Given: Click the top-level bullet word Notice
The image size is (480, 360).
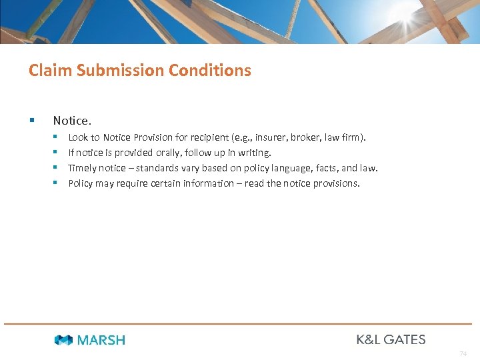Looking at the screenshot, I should tap(72, 121).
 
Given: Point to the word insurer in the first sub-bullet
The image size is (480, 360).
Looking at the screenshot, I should tap(270, 137).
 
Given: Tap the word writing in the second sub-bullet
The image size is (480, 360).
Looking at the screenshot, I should tap(254, 153).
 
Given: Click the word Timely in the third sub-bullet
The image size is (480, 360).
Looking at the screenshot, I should tap(83, 168).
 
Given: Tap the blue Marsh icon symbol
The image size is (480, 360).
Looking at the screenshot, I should tap(64, 340).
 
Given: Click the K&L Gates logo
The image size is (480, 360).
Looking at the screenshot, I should tap(391, 339).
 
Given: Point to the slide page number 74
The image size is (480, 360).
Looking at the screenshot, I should tap(463, 354).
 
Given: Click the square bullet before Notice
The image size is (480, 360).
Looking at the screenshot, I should tap(31, 121).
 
